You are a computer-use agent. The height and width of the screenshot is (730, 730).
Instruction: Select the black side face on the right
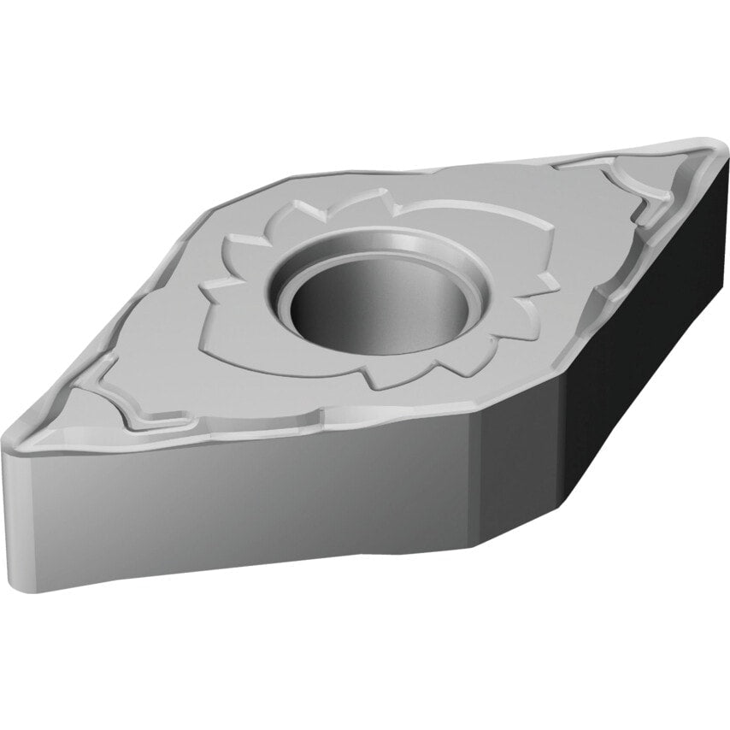point(650,342)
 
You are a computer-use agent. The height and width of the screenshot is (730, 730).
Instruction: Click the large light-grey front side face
point(239,504)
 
